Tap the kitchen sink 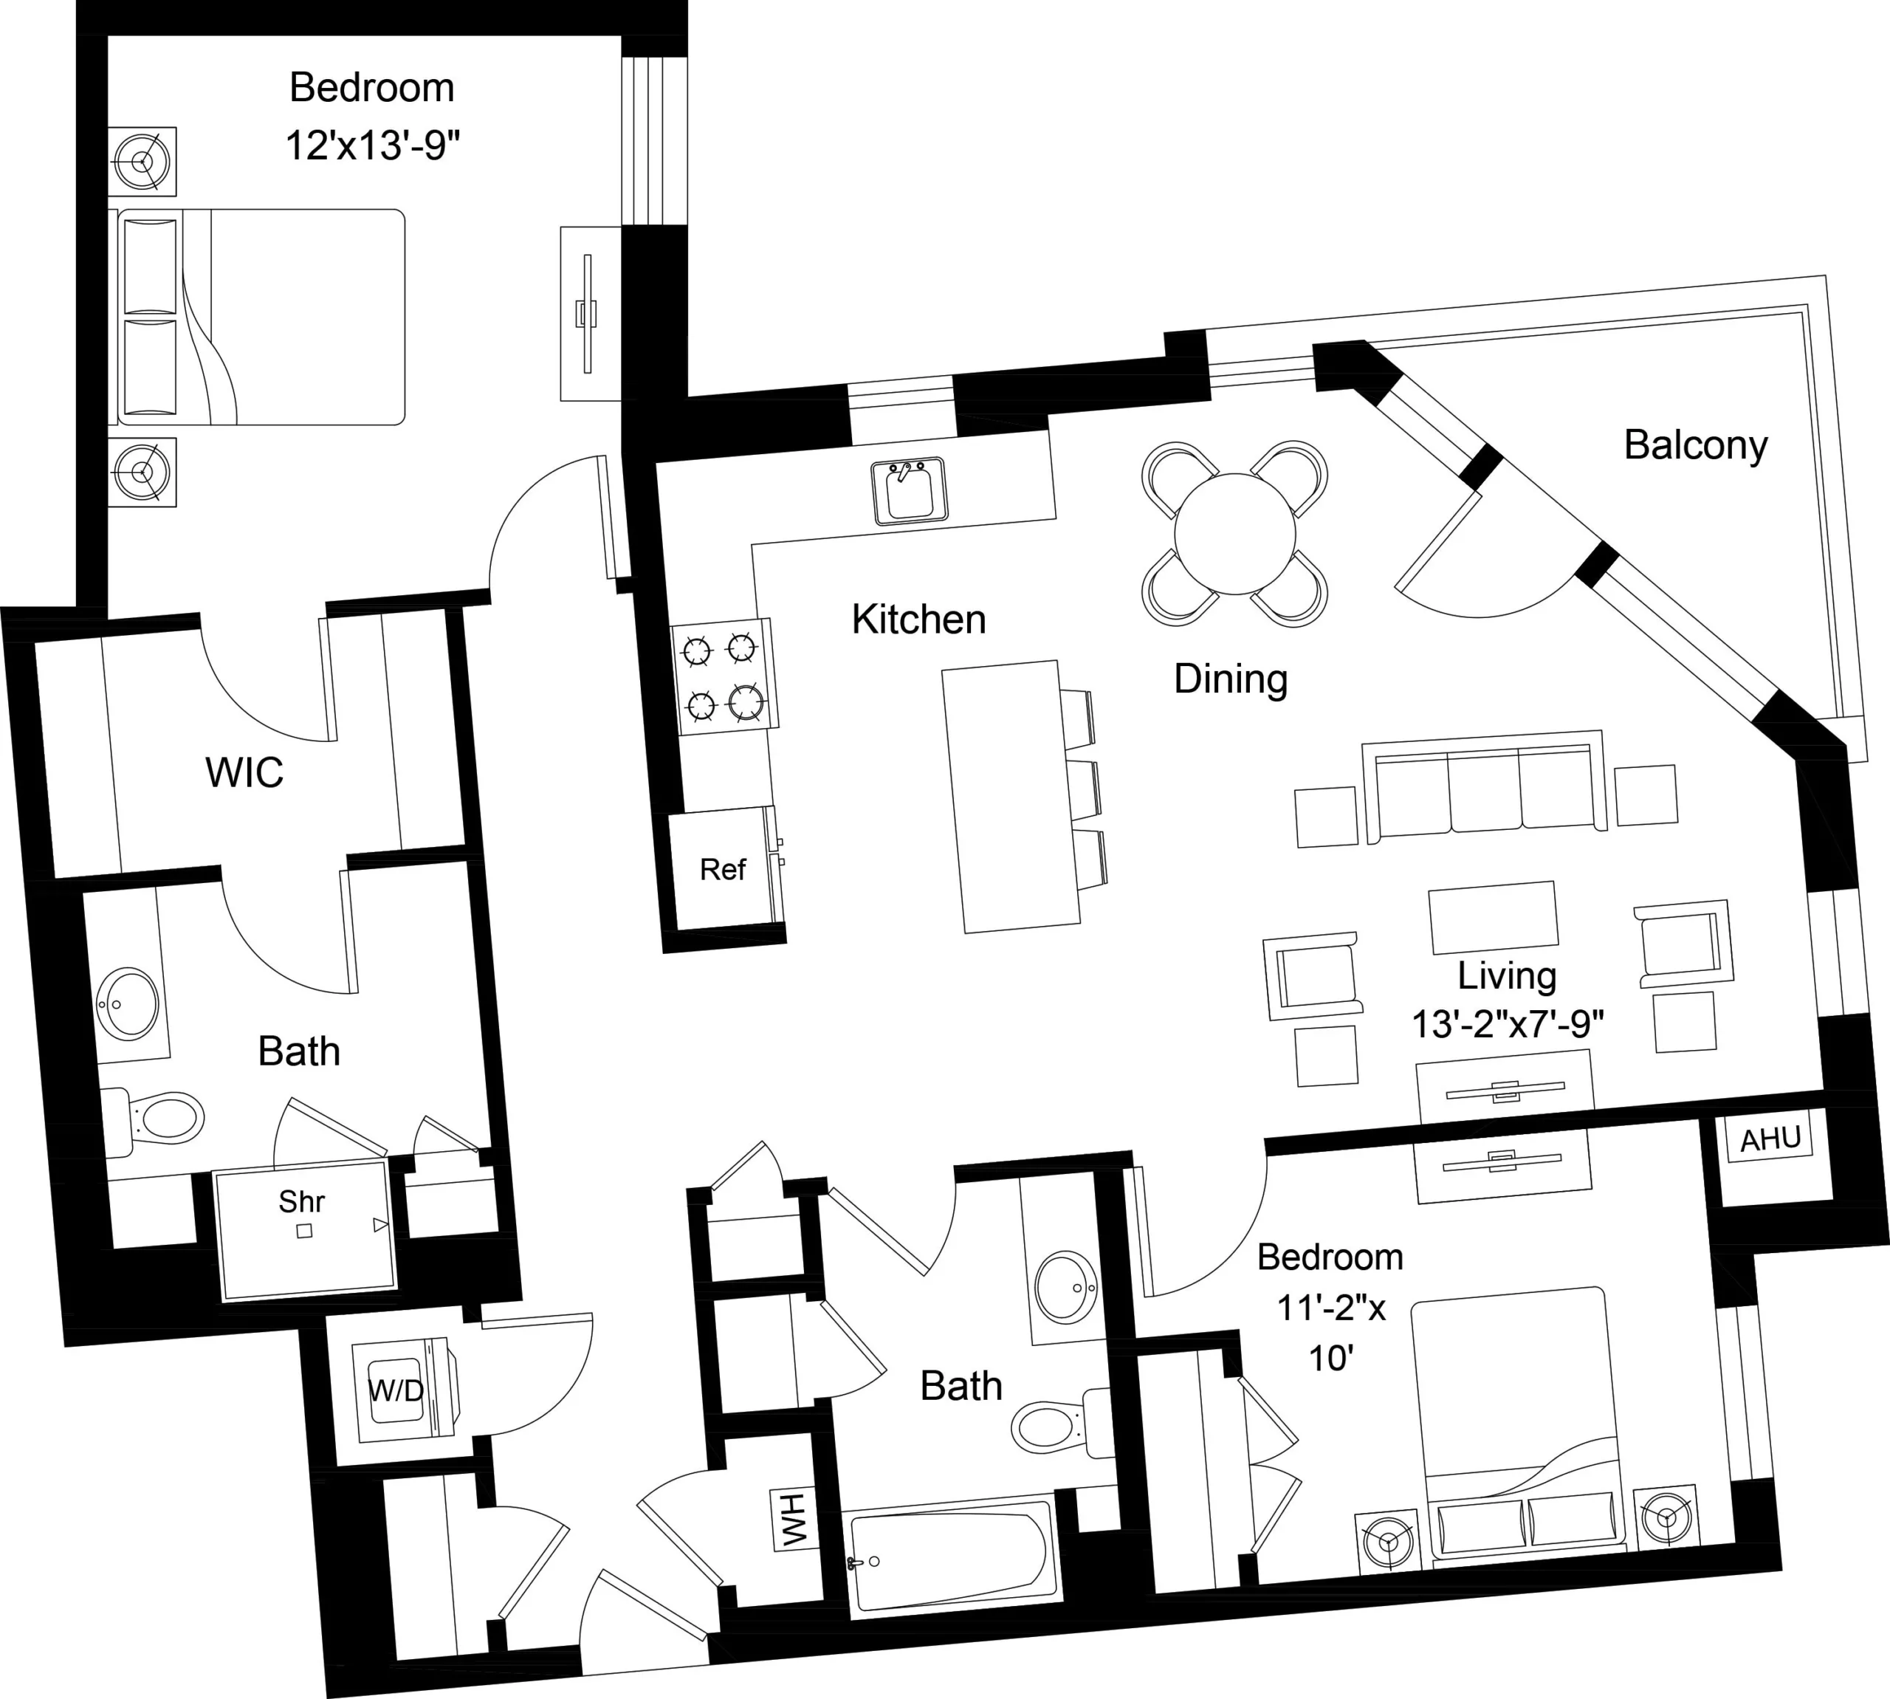tap(908, 491)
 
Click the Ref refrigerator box tap(722, 869)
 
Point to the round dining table tap(1235, 534)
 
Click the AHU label tap(1770, 1139)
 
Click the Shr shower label tap(301, 1201)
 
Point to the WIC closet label tap(244, 772)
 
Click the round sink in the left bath tap(128, 1004)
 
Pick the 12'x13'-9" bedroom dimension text tap(372, 146)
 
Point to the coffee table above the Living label tap(1492, 917)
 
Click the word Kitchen tap(918, 619)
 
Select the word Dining tap(1230, 679)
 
